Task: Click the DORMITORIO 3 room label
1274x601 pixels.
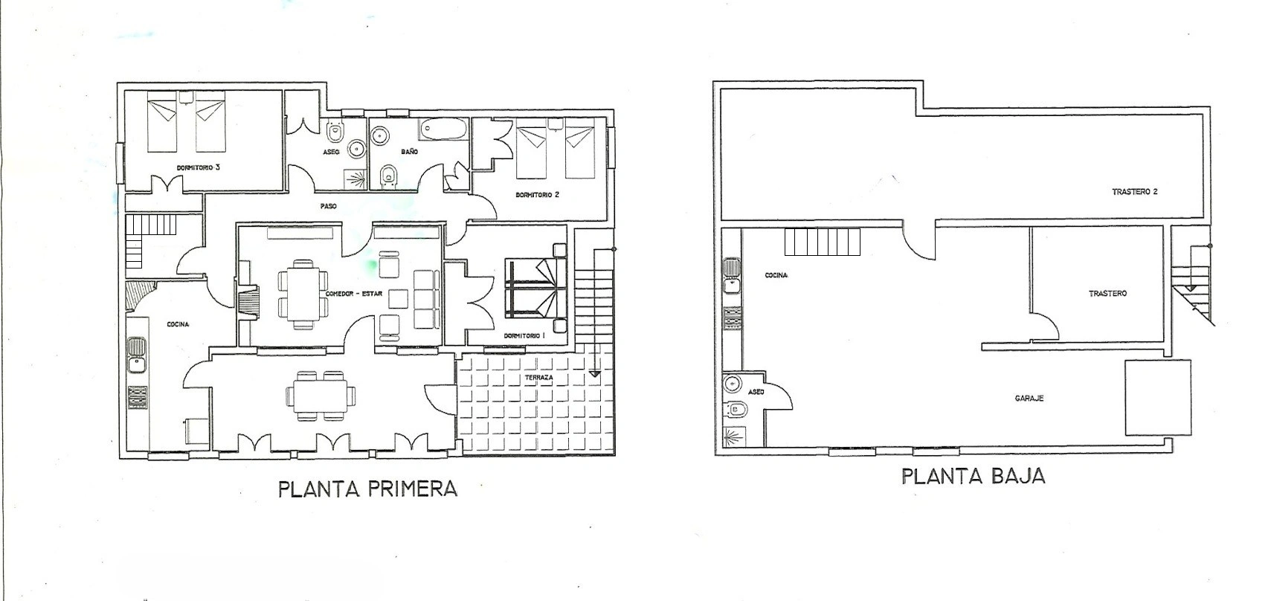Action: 198,168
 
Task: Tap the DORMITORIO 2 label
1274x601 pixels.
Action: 538,194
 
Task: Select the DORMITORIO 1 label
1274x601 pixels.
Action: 524,335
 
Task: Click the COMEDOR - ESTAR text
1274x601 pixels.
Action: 353,293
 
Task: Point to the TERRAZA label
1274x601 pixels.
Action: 538,377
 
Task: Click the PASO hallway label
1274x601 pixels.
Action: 328,206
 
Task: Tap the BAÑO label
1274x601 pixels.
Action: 409,151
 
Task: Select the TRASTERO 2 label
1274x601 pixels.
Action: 1135,192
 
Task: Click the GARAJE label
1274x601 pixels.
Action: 1029,399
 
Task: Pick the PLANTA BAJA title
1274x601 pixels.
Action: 974,477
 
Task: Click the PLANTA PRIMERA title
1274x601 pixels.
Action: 367,489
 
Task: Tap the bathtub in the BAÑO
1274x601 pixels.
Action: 443,129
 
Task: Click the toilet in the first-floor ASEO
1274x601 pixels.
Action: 335,132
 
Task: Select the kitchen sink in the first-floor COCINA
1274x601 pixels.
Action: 137,355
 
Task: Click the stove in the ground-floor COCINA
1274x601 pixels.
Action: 733,318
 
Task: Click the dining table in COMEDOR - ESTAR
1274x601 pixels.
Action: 303,294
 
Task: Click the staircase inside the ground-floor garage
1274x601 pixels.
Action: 822,242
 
